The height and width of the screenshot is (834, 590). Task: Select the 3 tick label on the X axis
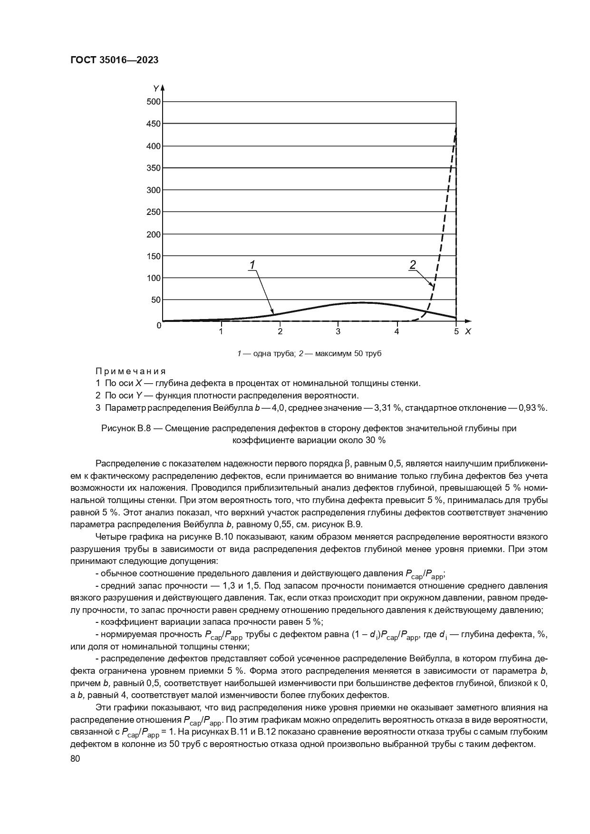[x=338, y=331]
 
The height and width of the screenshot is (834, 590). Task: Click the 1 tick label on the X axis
[x=221, y=331]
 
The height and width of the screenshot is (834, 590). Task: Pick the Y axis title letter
[x=155, y=88]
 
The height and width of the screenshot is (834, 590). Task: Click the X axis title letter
[x=468, y=331]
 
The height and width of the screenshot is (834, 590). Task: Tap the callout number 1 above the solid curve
[x=253, y=264]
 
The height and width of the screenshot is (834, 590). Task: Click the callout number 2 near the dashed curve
[x=412, y=264]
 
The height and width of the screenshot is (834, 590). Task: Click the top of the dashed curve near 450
[x=455, y=127]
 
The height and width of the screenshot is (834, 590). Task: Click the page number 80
[x=75, y=759]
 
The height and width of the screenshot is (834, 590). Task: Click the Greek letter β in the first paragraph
[x=347, y=463]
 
